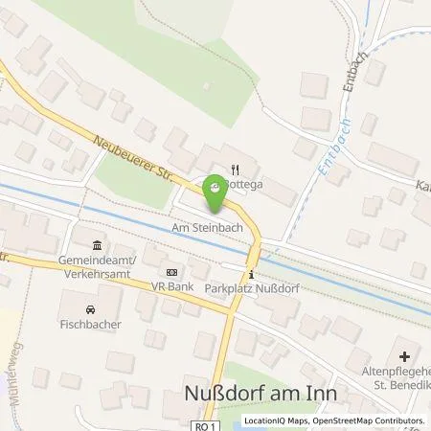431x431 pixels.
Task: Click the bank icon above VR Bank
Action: pyautogui.click(x=170, y=272)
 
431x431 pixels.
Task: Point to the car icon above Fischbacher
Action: pyautogui.click(x=89, y=309)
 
